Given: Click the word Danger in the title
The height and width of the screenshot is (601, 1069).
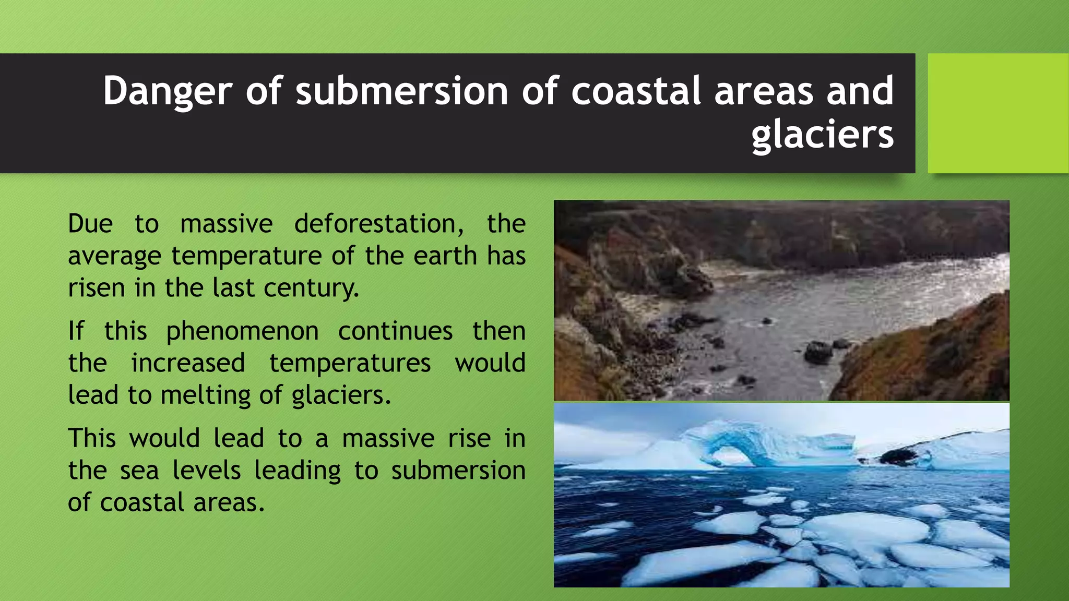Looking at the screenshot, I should [167, 91].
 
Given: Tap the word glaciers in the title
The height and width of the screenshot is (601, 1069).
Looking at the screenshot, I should [822, 135].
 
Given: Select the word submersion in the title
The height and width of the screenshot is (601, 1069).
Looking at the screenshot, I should [402, 91].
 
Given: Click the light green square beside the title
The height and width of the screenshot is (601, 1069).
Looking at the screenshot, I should [997, 113].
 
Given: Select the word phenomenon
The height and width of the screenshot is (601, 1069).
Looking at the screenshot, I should [242, 332].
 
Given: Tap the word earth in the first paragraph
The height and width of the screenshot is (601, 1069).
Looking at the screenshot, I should [445, 256].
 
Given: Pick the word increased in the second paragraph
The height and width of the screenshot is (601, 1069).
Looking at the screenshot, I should [188, 363].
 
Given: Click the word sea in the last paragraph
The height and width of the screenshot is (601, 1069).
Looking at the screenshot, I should [139, 471].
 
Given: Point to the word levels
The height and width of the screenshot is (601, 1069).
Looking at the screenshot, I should [207, 471].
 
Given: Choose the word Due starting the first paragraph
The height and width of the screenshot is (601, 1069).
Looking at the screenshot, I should [90, 224].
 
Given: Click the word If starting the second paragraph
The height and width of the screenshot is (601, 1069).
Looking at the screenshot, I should [76, 331].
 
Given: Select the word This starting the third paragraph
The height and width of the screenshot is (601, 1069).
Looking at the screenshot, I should [91, 438].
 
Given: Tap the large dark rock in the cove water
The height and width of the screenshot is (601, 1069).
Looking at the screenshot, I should [818, 352].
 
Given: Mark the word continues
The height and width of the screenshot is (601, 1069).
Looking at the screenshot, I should [395, 332].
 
